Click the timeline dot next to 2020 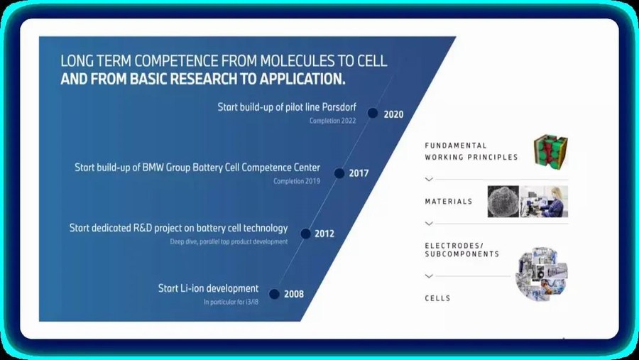pos(373,114)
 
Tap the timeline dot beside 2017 pos(339,173)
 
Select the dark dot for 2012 pos(305,234)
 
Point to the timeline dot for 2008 pos(274,294)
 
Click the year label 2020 pos(393,114)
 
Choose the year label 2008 pos(294,294)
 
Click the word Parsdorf pos(339,107)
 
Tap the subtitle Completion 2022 pos(332,121)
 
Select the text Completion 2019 pos(297,181)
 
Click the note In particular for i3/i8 pos(231,302)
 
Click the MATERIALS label pos(449,202)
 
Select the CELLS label pos(437,298)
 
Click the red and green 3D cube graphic pos(550,152)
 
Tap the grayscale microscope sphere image pos(503,202)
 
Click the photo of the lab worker pos(544,202)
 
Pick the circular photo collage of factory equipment pos(542,274)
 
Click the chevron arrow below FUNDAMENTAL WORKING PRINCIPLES pos(429,180)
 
